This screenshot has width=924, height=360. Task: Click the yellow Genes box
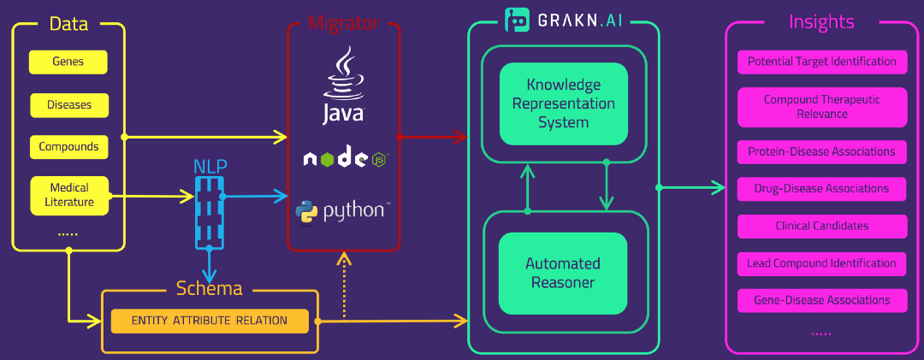68,62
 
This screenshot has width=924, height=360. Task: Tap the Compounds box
68,146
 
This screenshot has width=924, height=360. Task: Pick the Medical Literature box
69,195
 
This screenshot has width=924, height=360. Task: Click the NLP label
210,166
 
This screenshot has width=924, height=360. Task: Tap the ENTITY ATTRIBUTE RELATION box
209,321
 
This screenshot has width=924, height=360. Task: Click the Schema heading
210,289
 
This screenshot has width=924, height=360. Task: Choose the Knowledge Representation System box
563,103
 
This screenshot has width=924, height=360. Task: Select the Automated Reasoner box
563,272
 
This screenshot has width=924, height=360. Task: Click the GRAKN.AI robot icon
517,20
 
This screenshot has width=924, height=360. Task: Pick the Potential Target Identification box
821,62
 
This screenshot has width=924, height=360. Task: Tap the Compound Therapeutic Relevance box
821,107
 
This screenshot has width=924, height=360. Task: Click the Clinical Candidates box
821,226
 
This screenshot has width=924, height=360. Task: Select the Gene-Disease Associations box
821,300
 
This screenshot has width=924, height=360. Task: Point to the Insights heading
821,22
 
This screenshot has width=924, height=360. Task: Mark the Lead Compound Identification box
821,263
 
